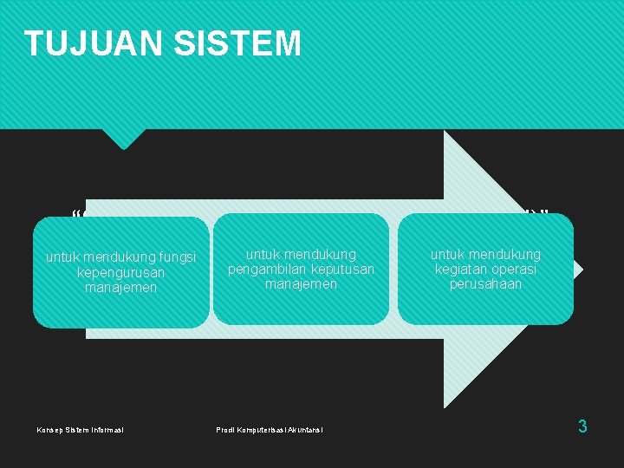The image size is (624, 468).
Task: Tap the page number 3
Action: (x=582, y=426)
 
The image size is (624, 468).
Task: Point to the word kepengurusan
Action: (x=121, y=272)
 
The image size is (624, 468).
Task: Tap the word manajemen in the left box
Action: (x=121, y=287)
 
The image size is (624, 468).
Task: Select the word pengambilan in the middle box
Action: (x=264, y=269)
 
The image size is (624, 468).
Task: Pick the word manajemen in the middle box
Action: (x=301, y=283)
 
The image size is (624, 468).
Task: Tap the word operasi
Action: (x=516, y=269)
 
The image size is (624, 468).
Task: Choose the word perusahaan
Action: (x=485, y=283)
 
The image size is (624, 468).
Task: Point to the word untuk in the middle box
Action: (x=263, y=254)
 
